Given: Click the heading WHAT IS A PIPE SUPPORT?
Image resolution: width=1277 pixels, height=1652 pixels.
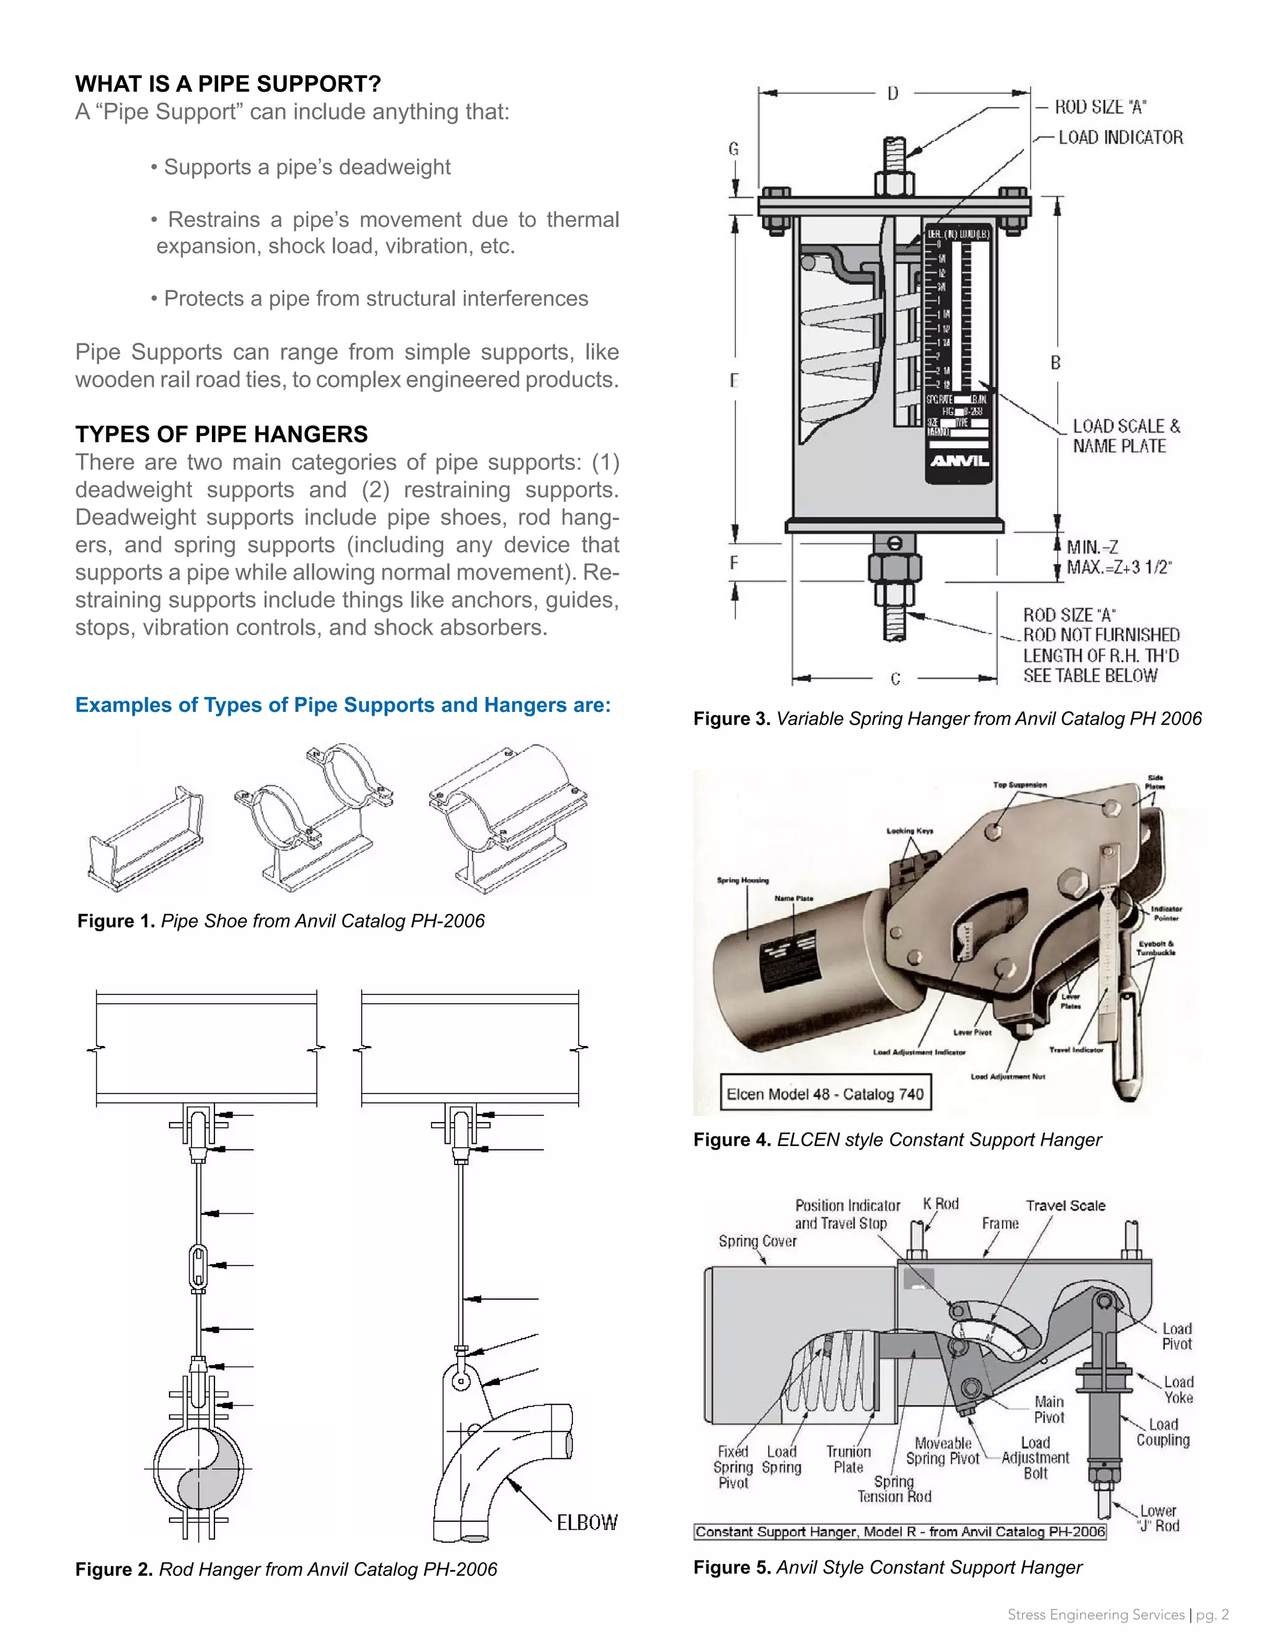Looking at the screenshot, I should tap(228, 84).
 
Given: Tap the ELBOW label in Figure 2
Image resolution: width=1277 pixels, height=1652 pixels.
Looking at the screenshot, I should tap(586, 1523).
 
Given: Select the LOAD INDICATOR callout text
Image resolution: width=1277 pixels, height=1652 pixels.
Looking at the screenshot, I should tap(1120, 138).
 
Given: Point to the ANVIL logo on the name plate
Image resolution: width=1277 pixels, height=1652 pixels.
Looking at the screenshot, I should tap(958, 461).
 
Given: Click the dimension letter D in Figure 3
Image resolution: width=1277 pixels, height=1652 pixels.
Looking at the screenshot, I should tap(893, 94).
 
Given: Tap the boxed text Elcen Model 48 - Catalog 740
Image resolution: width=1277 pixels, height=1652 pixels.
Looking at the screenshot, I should tap(824, 1094).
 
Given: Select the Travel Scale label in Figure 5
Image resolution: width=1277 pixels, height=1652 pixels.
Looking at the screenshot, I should tap(1065, 1206).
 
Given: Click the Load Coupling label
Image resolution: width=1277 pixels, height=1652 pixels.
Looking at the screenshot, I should tap(1163, 1433).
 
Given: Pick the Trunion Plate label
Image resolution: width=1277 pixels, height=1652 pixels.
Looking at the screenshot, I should tap(848, 1459).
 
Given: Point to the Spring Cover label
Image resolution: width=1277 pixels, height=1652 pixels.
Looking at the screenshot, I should tap(757, 1241).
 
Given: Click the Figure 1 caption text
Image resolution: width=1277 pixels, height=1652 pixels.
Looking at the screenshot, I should tap(281, 921).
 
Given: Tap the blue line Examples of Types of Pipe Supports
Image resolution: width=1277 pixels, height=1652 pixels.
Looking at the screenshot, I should tap(343, 705).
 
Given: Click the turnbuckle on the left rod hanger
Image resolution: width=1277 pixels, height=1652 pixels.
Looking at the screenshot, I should tap(198, 1264).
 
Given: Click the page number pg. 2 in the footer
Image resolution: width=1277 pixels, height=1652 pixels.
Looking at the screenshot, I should tap(1212, 1615).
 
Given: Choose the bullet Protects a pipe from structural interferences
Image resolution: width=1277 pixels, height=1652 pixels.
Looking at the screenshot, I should tap(369, 299).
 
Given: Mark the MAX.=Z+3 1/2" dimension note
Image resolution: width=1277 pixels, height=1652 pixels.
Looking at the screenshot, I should tap(1119, 567).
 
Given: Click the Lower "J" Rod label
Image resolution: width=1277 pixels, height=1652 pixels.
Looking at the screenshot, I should tap(1157, 1518).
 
